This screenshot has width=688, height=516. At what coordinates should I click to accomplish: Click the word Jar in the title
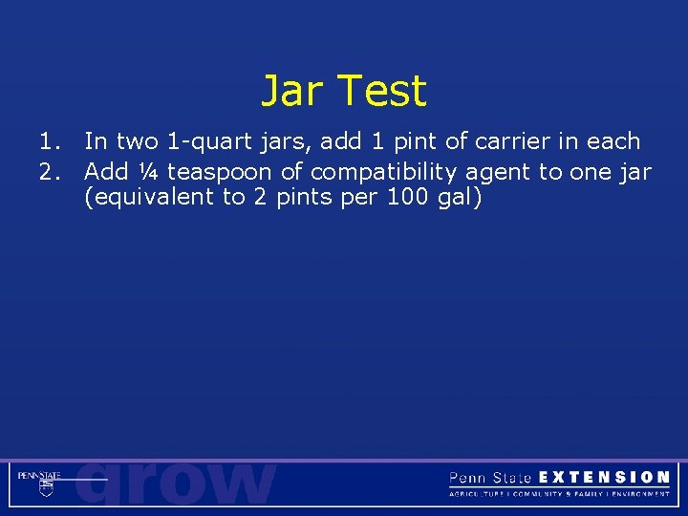point(293,92)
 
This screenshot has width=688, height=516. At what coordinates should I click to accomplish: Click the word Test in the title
point(381,92)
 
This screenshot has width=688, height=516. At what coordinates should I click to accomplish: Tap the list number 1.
point(49,141)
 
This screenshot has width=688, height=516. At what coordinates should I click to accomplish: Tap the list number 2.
point(49,172)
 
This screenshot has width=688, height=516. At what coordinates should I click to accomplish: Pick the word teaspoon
point(219,173)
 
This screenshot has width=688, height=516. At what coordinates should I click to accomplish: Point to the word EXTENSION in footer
point(604,477)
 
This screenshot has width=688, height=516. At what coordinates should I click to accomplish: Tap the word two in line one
point(137,141)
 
